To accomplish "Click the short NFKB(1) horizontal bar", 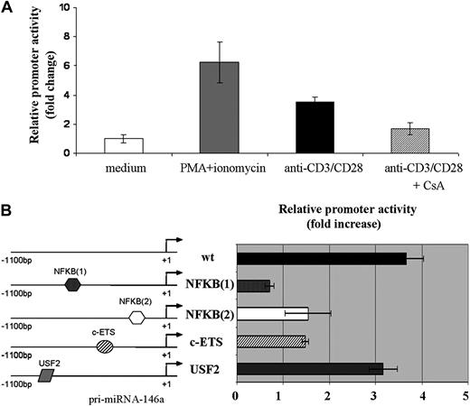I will click(x=253, y=286).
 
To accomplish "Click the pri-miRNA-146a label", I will click(x=134, y=396).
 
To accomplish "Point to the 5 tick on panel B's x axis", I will click(x=465, y=394).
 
